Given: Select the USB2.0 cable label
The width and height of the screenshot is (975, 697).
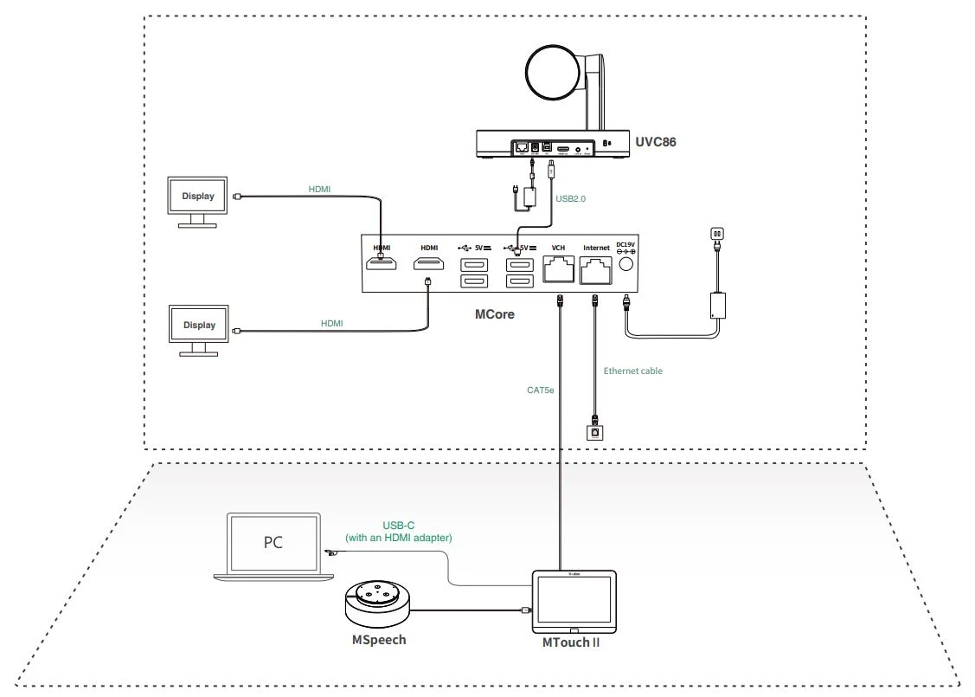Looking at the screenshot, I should (x=570, y=198).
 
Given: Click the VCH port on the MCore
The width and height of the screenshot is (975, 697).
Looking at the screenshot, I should (x=558, y=272).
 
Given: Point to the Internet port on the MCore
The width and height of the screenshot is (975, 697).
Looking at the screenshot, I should (x=596, y=272).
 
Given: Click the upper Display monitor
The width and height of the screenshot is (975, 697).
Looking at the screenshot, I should (x=197, y=197).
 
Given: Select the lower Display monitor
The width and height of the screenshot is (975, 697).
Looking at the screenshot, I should (x=198, y=327).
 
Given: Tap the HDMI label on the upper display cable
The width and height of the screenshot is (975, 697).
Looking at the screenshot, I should (x=319, y=188).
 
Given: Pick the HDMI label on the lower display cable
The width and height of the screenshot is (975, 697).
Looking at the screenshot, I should (x=331, y=323).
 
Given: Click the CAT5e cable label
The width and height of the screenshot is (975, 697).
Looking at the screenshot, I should (x=540, y=390).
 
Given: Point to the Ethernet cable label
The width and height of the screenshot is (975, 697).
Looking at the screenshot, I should (x=633, y=371).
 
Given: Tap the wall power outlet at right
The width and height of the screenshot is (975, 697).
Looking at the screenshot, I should (x=715, y=234).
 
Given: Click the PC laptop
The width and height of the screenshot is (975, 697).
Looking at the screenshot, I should (x=272, y=545).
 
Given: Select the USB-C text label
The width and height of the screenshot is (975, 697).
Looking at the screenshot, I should (x=398, y=526).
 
